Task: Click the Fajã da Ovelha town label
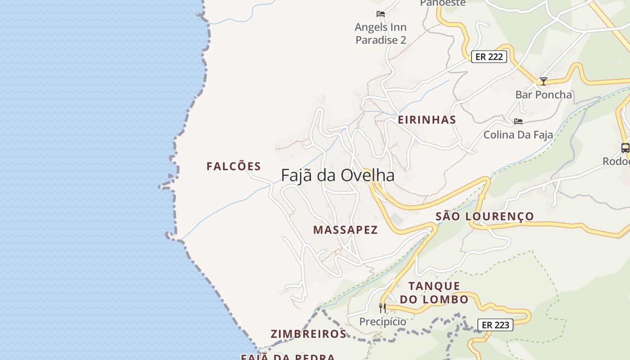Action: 337,175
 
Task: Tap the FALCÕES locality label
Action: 234,166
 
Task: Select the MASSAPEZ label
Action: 345,230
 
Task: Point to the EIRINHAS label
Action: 427,120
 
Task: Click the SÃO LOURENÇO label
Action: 485,216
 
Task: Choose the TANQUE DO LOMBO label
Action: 434,292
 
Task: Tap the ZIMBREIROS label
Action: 308,334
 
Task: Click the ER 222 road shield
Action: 489,57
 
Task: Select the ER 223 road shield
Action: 495,324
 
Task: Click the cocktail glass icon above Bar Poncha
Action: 544,81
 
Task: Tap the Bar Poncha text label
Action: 544,95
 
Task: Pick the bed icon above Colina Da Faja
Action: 518,121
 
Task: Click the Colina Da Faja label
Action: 518,135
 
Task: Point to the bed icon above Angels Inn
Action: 381,14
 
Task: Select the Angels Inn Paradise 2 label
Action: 381,33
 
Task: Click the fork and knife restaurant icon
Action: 382,308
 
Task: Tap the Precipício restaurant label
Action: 382,322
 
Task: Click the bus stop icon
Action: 625,148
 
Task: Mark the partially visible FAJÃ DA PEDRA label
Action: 288,357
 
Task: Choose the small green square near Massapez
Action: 396,219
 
